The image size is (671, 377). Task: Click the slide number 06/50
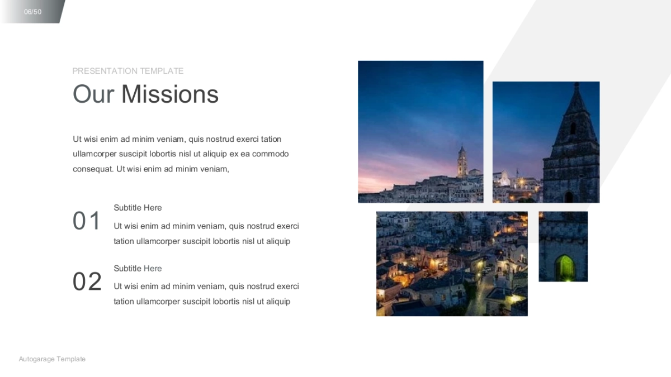click(32, 12)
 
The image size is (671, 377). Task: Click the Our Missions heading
click(145, 94)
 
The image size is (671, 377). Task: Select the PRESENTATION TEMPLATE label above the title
click(128, 71)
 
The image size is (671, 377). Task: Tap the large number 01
click(86, 221)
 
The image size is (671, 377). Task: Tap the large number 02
click(87, 281)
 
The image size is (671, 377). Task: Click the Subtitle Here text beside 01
click(138, 208)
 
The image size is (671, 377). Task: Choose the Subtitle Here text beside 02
click(138, 269)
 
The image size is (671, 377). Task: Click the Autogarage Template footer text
click(52, 359)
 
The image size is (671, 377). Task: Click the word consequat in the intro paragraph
click(93, 169)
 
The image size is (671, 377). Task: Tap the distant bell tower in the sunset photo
click(462, 161)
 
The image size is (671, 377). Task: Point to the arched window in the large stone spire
click(573, 128)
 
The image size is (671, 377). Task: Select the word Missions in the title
click(170, 94)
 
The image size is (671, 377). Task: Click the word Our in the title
click(93, 94)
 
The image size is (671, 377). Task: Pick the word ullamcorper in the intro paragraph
click(94, 154)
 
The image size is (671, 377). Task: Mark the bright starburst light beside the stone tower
click(522, 182)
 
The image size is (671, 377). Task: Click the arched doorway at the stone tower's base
click(569, 197)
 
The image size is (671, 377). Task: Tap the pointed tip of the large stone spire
click(577, 83)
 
